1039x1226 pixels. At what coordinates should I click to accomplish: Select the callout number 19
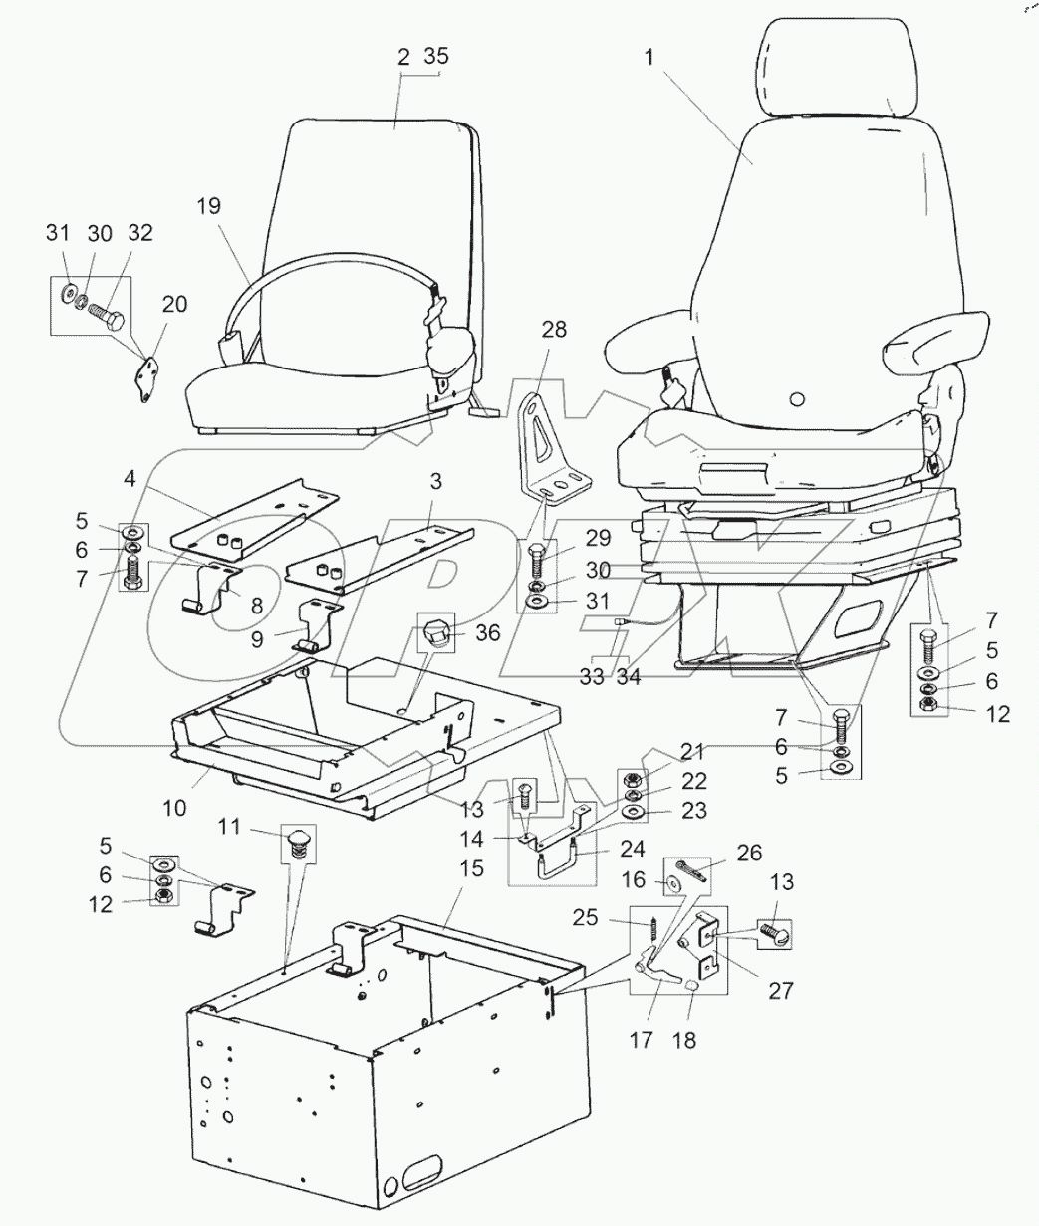[x=208, y=206]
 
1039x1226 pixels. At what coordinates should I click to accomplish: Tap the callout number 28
[x=554, y=330]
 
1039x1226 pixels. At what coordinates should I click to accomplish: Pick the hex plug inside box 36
[x=436, y=632]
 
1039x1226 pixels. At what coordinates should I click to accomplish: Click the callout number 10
[x=174, y=807]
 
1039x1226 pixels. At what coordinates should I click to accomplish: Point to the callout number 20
[x=173, y=305]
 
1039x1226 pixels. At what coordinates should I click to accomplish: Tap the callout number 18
[x=684, y=1040]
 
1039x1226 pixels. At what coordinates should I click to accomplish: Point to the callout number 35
[x=436, y=56]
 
